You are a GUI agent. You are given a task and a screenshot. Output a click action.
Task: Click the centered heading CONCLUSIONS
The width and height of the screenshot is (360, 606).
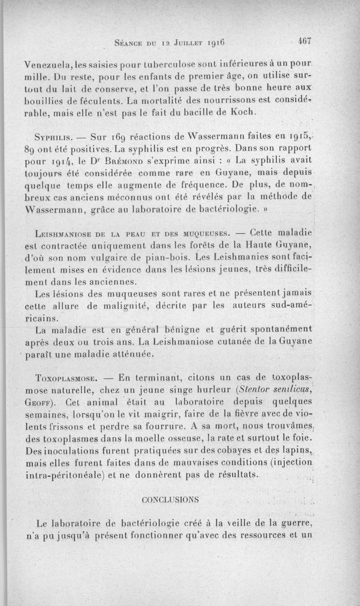pyautogui.click(x=170, y=500)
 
